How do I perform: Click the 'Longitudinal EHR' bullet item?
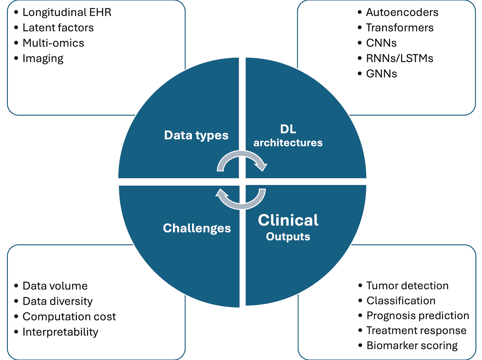[x=67, y=12]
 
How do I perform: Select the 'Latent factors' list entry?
[x=58, y=28]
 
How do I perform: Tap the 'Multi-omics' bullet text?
[x=53, y=43]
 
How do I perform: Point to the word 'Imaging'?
[x=43, y=59]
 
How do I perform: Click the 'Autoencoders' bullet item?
[x=402, y=12]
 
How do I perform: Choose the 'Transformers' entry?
[x=399, y=28]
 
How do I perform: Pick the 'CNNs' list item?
[x=381, y=43]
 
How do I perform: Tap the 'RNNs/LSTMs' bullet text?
[x=399, y=59]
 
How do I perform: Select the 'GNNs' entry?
[x=382, y=74]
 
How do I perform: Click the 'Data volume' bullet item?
[x=55, y=286]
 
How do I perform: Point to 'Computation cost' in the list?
[x=69, y=316]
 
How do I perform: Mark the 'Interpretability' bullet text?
[x=60, y=332]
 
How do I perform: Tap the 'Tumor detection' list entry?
[x=407, y=285]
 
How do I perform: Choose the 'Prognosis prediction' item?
[x=418, y=316]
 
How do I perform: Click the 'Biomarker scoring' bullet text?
[x=412, y=346]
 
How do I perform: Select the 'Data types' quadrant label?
[x=196, y=135]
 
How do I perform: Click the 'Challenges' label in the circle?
[x=197, y=228]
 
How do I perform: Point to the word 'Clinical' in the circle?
[x=288, y=220]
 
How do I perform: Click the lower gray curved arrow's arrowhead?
[x=221, y=193]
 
